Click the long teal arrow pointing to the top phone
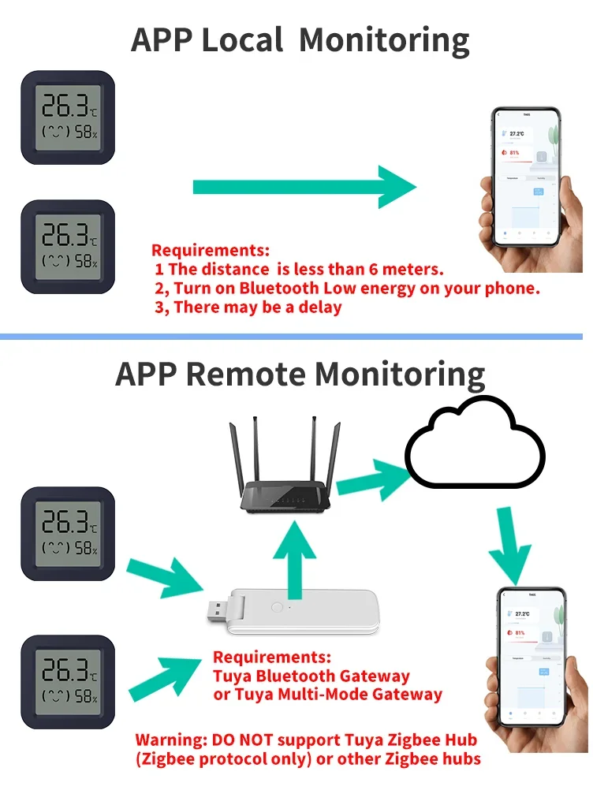coord(304,187)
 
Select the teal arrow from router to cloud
coord(369,480)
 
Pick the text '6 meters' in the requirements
coord(411,270)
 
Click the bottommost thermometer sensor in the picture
coord(68,683)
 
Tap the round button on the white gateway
coord(277,608)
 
